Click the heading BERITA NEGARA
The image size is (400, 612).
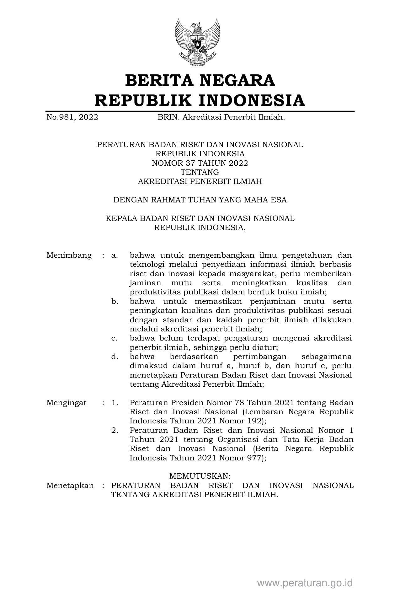click(x=200, y=81)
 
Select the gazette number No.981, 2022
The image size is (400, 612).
click(x=72, y=117)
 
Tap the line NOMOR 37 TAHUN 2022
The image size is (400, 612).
click(x=200, y=163)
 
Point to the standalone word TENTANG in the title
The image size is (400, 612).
click(x=200, y=172)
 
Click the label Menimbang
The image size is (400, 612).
click(x=69, y=255)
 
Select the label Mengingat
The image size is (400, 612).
click(x=66, y=403)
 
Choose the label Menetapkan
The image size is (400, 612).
click(x=70, y=486)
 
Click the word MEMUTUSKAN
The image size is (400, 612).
click(x=200, y=476)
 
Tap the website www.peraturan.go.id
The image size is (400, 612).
click(x=305, y=583)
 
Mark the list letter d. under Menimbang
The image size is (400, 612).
click(x=115, y=357)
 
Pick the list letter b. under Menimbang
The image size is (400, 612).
click(x=115, y=302)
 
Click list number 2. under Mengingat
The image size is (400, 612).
click(x=115, y=430)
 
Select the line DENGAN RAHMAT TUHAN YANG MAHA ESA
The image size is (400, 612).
click(x=200, y=200)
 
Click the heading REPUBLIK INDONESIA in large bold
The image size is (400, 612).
click(x=200, y=100)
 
